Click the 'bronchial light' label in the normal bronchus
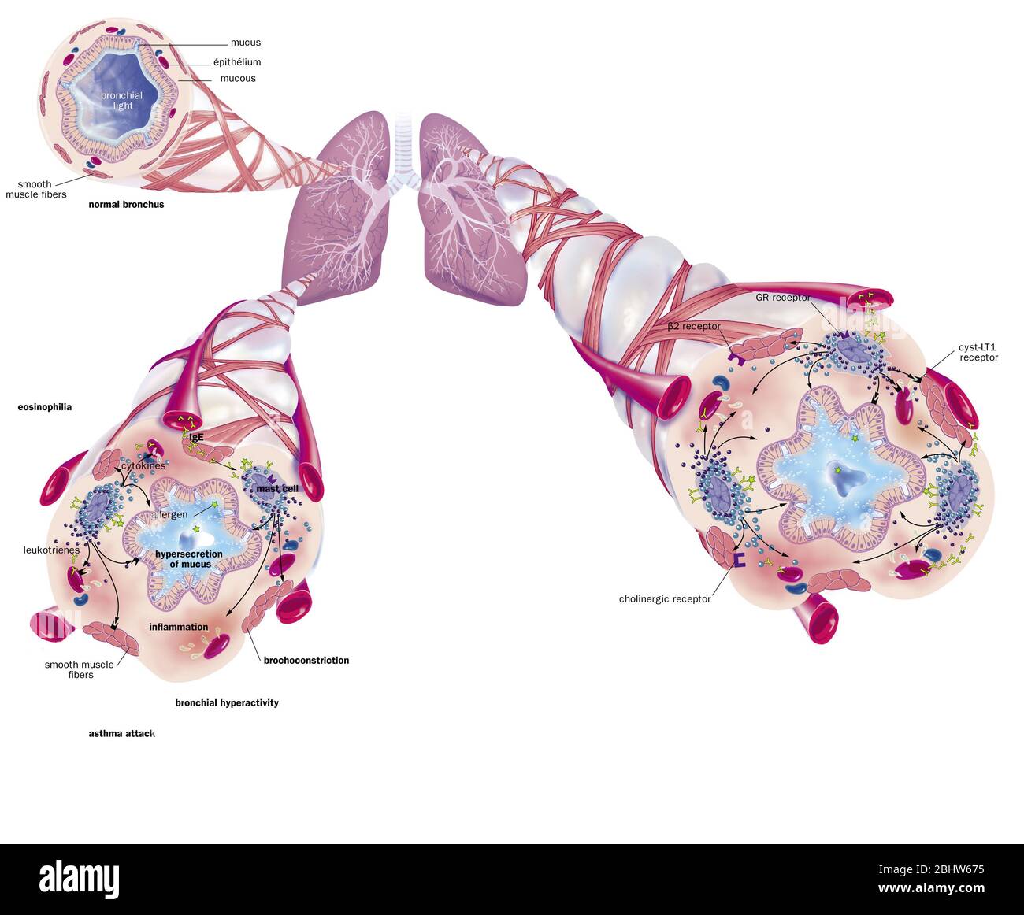point(122,101)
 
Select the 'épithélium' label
point(237,62)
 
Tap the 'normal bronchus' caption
point(126,205)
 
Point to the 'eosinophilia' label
point(45,407)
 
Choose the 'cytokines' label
point(143,465)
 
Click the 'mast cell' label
point(277,489)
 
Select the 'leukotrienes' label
point(51,550)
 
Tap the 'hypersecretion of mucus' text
point(189,559)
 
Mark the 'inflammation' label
point(179,628)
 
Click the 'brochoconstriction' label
point(306,661)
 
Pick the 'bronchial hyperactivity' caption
point(227,703)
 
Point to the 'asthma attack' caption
point(121,734)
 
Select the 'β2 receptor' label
point(693,326)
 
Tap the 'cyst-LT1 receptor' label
point(978,352)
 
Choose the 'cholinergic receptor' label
point(665,599)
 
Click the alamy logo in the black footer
point(79,878)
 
